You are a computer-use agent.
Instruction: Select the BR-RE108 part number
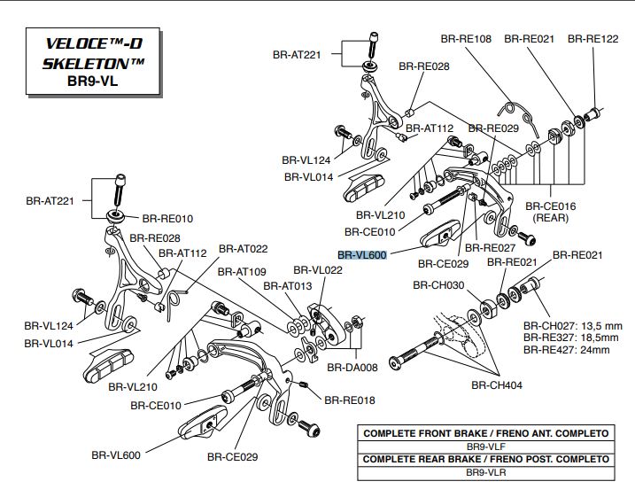[466, 39]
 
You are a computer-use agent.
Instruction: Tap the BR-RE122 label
[592, 39]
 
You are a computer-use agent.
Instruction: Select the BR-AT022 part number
[243, 249]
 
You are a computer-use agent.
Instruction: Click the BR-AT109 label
[240, 272]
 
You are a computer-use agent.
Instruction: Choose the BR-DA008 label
[352, 366]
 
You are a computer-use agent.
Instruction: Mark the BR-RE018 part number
[349, 400]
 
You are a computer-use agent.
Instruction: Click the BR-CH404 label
[496, 385]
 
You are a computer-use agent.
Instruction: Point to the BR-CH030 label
[438, 285]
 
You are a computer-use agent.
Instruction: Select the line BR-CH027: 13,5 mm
[572, 325]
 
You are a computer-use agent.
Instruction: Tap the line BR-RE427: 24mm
[566, 350]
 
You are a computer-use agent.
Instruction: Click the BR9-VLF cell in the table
[485, 447]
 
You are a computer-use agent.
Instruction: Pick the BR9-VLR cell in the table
[485, 473]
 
